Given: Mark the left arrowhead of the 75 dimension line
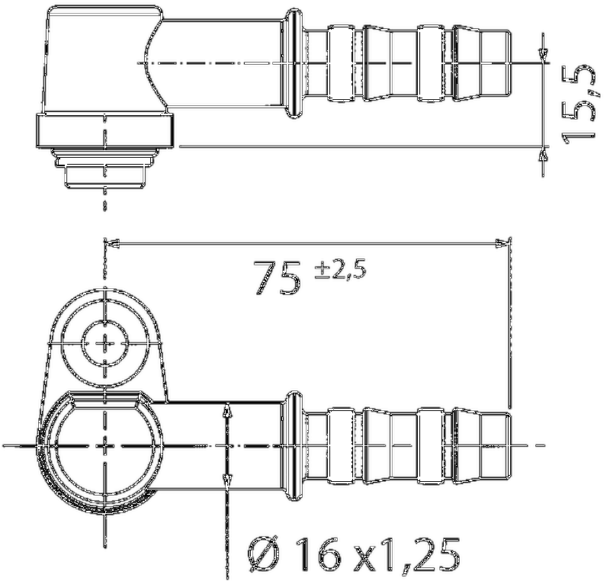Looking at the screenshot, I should point(111,244).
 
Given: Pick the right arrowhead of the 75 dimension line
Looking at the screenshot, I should point(502,244).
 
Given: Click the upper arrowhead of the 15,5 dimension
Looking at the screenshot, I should point(542,53).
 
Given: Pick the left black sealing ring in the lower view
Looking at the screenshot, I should point(340,445).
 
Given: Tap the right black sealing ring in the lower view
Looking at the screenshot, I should point(431,445).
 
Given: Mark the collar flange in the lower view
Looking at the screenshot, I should point(291,445).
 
